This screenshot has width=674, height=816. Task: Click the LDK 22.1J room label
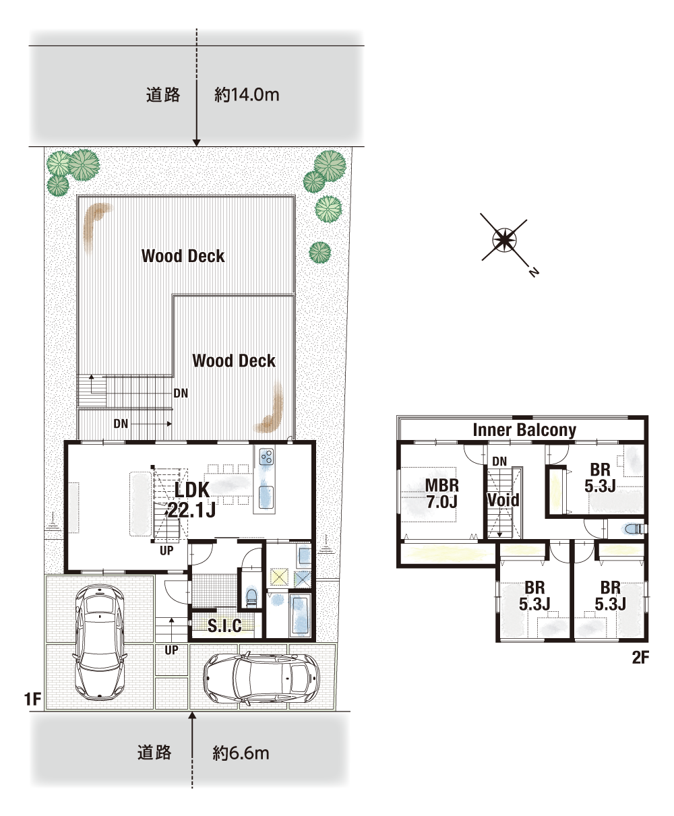click(x=191, y=499)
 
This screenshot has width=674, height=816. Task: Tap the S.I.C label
click(x=224, y=626)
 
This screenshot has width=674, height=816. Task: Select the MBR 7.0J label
click(x=441, y=494)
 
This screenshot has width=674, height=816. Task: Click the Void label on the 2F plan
click(x=503, y=500)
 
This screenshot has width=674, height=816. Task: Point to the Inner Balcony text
click(x=524, y=430)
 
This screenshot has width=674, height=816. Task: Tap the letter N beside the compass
click(x=533, y=272)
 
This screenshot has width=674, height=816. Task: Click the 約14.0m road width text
click(x=247, y=95)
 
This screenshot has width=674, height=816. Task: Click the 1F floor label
click(x=33, y=699)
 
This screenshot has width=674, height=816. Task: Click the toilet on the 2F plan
click(x=634, y=530)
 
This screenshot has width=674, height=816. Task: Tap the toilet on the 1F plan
click(x=251, y=597)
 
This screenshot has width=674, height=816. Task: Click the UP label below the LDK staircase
click(x=166, y=551)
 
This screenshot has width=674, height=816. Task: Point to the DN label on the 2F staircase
click(x=499, y=462)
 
